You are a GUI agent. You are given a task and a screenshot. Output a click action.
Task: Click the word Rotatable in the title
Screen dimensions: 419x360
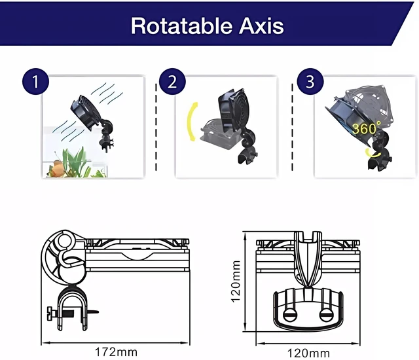(x=181, y=26)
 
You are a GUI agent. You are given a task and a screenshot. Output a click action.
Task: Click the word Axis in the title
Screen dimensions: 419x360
(x=261, y=26)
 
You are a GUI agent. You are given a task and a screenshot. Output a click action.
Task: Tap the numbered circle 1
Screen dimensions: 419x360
(x=35, y=81)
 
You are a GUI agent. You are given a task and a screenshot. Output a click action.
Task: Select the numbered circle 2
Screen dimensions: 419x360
(x=172, y=81)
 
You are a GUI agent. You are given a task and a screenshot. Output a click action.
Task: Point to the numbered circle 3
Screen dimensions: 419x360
(x=310, y=81)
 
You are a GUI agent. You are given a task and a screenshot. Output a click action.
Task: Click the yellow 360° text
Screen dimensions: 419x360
(x=367, y=128)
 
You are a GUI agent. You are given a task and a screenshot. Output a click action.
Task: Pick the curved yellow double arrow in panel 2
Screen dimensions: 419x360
(x=191, y=122)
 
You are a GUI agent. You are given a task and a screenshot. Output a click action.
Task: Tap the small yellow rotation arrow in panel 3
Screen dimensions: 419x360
(x=373, y=153)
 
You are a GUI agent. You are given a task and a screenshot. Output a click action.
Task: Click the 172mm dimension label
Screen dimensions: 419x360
(x=117, y=352)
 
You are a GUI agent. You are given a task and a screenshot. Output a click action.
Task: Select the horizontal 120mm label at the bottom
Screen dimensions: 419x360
(x=308, y=353)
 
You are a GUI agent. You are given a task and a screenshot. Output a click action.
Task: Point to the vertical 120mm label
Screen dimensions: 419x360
(x=235, y=281)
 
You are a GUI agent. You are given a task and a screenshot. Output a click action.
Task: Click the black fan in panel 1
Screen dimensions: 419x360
(x=86, y=113)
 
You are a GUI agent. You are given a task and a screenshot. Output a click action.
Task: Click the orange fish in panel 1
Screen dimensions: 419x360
(x=56, y=168)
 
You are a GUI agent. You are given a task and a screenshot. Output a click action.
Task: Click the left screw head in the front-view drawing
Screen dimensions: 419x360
(x=289, y=315)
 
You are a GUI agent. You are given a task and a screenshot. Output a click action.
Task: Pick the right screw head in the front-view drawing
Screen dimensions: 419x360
(x=326, y=315)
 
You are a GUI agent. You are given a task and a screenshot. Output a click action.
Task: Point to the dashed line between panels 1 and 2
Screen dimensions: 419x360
(x=156, y=127)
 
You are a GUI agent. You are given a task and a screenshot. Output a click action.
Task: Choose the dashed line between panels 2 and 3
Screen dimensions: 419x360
(x=293, y=127)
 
